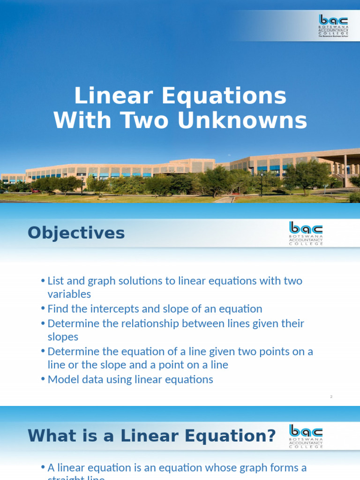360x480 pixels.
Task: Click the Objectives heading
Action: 76,232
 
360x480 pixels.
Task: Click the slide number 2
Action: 331,397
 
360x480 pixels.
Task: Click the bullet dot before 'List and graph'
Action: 43,281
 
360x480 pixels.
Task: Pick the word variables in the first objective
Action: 69,294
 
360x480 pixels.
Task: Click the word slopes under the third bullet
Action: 63,337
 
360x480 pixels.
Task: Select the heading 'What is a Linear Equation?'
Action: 151,436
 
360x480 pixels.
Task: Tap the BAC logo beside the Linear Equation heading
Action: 306,436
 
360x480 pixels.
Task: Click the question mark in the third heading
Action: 270,436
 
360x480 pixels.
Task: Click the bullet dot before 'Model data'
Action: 43,380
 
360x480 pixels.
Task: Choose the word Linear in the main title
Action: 114,97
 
